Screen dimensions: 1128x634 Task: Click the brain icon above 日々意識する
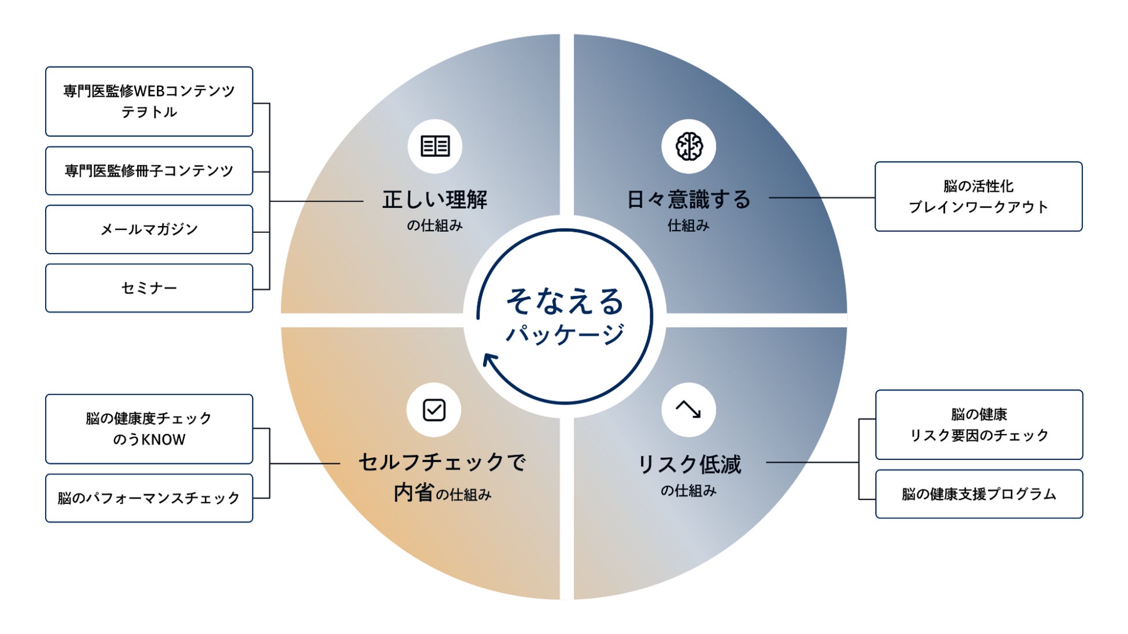(x=688, y=146)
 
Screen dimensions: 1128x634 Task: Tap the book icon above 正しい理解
(x=435, y=146)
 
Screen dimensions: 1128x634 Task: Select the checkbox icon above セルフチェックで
(x=434, y=410)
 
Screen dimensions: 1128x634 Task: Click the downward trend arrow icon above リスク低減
(x=688, y=410)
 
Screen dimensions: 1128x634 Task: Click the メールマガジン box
(x=149, y=229)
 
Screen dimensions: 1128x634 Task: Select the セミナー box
(x=149, y=288)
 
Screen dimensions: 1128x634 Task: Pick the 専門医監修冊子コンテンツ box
(x=149, y=170)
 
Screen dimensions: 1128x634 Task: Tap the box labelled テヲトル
(x=149, y=102)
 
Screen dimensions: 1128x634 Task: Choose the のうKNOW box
(x=149, y=429)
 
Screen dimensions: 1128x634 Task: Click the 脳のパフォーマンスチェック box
(x=149, y=498)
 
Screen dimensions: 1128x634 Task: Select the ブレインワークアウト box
(x=978, y=196)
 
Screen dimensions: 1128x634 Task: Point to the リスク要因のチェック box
(x=979, y=425)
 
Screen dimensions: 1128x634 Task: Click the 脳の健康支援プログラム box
(x=979, y=494)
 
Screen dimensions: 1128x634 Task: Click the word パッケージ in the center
(x=565, y=334)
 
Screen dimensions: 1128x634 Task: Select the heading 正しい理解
(x=435, y=200)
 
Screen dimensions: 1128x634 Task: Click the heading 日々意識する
(x=688, y=200)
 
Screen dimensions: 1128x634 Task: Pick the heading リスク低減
(x=688, y=464)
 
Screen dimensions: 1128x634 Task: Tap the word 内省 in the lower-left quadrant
(x=414, y=493)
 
